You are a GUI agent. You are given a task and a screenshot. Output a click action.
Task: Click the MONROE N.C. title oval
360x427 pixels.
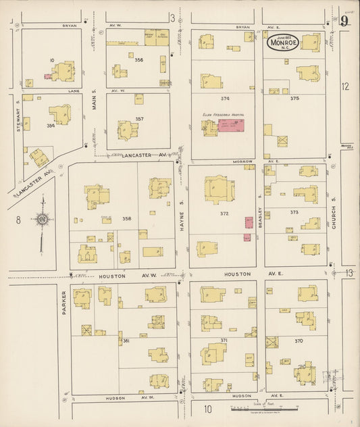280,43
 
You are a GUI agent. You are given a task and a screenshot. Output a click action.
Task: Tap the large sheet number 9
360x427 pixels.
344,20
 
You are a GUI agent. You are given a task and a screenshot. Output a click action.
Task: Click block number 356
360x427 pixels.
139,60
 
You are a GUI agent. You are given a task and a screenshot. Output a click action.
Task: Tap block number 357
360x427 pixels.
139,119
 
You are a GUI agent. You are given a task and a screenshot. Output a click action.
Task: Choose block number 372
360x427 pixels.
224,214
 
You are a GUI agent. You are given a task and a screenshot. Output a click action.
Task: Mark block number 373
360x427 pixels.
294,212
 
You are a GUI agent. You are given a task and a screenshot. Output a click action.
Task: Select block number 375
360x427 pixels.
294,98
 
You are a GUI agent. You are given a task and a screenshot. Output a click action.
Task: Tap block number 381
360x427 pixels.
126,341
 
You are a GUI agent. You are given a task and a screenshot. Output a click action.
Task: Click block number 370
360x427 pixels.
298,341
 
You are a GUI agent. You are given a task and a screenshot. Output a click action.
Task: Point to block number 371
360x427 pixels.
224,340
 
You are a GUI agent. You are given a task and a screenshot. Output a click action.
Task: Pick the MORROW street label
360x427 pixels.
246,162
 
